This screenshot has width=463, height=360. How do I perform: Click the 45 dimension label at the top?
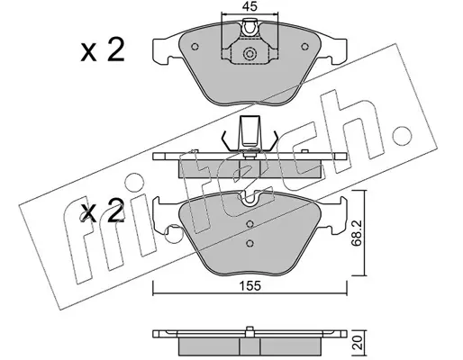click(250, 6)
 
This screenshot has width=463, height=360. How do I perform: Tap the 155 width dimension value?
click(250, 286)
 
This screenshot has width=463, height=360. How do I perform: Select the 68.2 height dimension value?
click(357, 233)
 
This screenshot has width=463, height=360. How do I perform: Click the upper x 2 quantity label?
click(103, 50)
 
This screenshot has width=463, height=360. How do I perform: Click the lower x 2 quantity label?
click(103, 211)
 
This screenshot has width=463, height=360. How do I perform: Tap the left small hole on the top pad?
click(195, 47)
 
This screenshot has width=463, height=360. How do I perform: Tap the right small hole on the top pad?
click(304, 47)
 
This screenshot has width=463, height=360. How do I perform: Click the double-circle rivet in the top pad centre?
click(250, 54)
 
